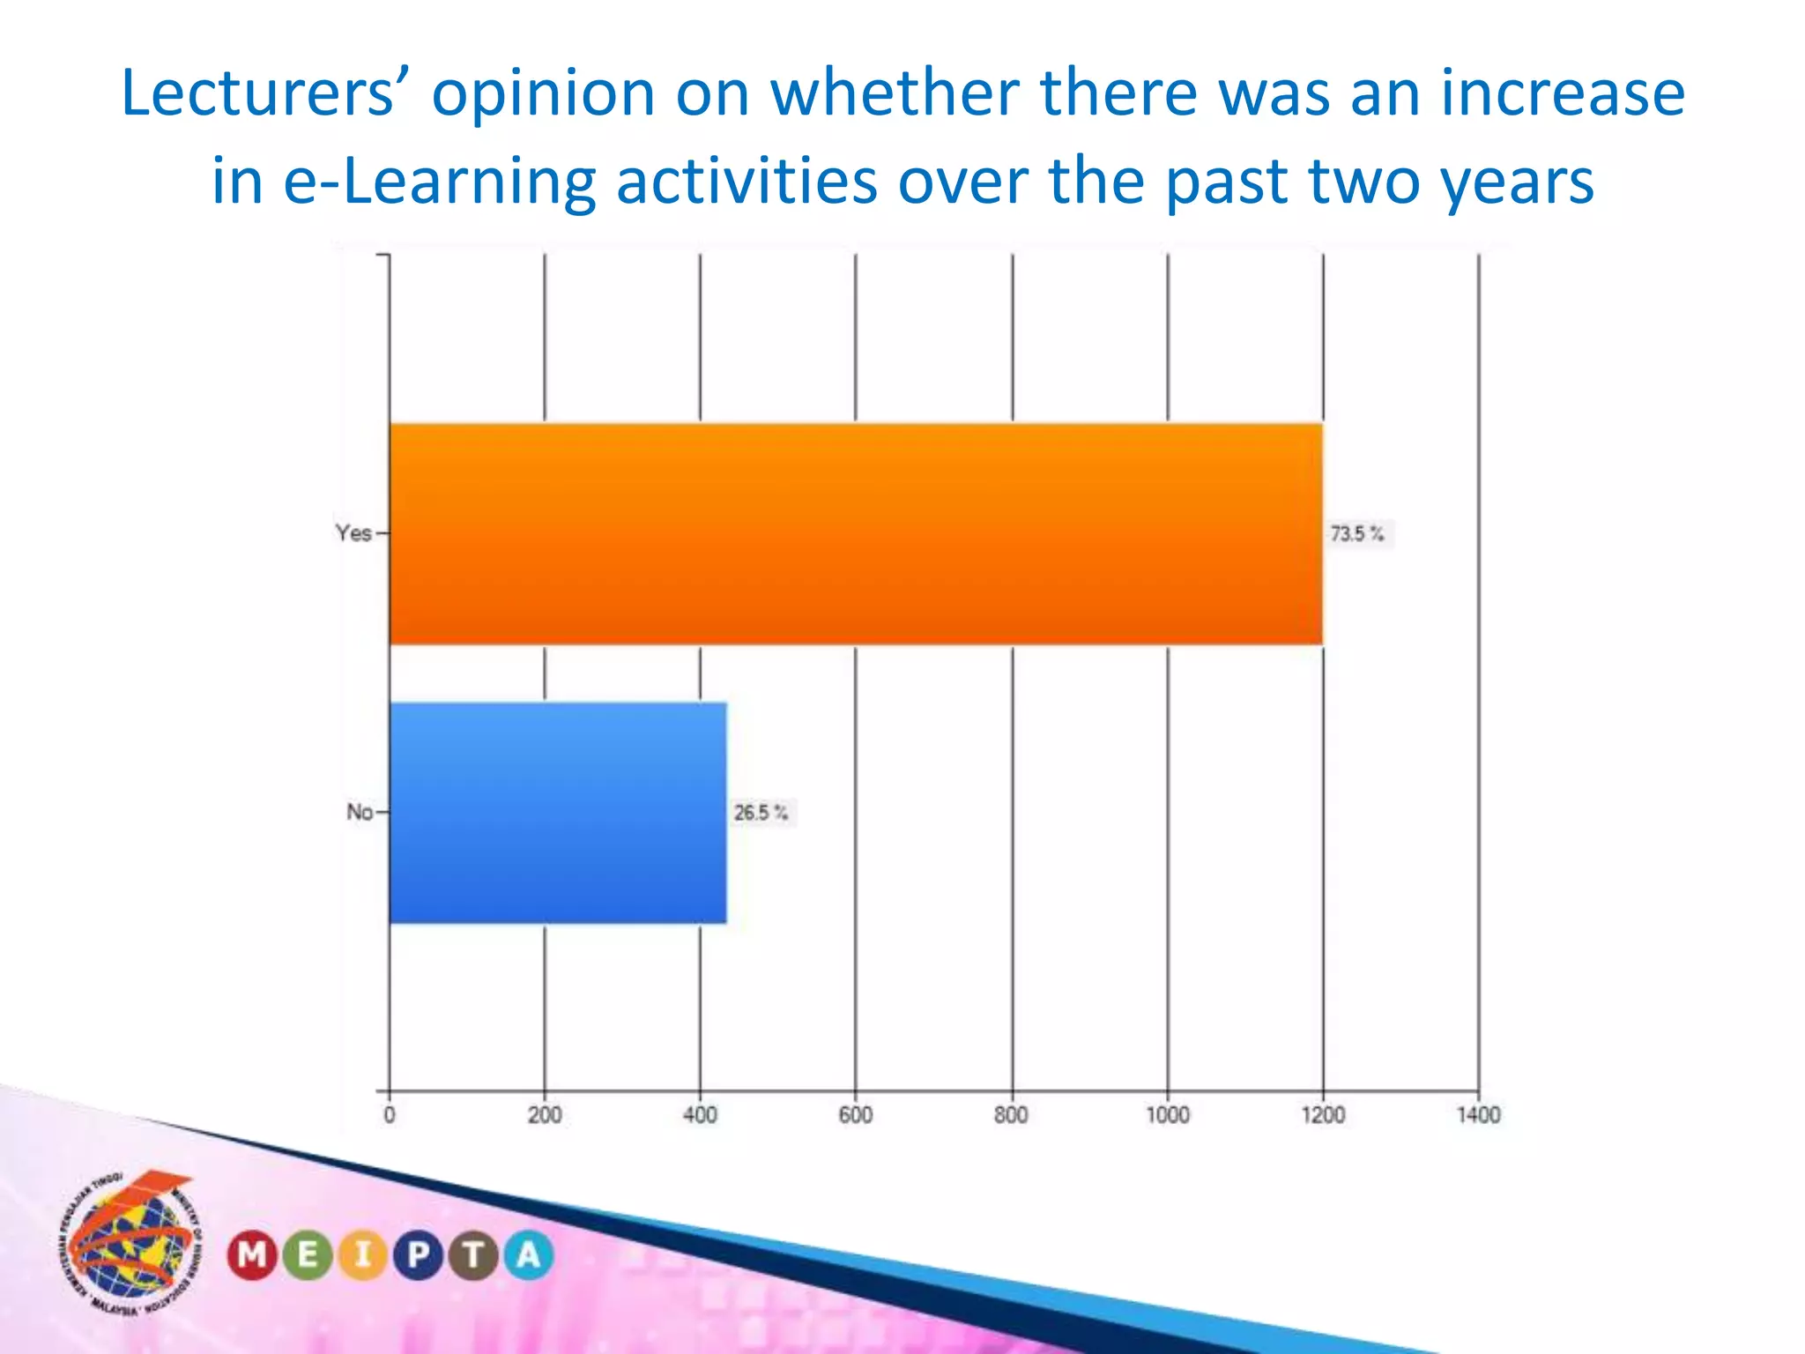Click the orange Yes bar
[855, 534]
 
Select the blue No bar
[558, 813]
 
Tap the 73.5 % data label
[1357, 533]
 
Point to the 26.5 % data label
[761, 812]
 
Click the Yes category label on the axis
[353, 533]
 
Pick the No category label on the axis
[360, 812]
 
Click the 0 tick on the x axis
[390, 1115]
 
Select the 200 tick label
[545, 1115]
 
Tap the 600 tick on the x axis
[855, 1115]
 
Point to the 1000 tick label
[1167, 1115]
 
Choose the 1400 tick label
[1478, 1115]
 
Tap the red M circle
[252, 1254]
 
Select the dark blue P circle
[419, 1254]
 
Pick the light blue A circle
[529, 1254]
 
